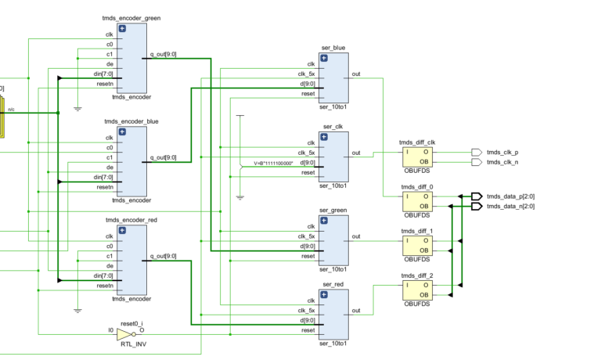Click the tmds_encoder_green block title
click(x=131, y=17)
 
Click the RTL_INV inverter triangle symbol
click(x=124, y=335)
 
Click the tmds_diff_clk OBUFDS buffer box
click(x=416, y=157)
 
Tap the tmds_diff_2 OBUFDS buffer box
click(x=416, y=290)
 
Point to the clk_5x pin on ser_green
click(x=306, y=236)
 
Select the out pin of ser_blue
click(x=356, y=74)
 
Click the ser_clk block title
click(x=333, y=126)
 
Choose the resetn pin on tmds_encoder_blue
click(x=105, y=187)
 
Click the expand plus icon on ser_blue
click(x=324, y=58)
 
